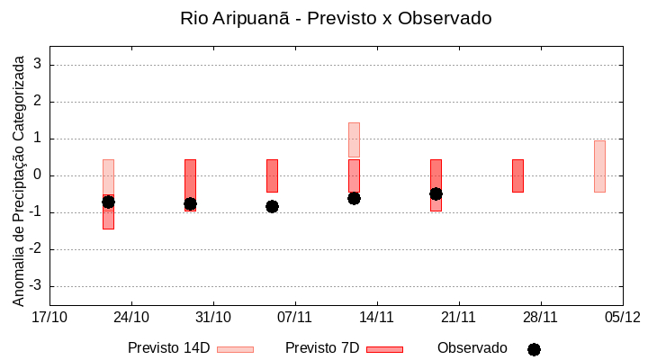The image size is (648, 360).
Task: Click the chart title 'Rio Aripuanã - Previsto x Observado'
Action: (x=336, y=18)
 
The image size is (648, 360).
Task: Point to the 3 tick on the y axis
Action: (x=39, y=65)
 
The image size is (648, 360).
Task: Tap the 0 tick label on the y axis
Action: (x=39, y=175)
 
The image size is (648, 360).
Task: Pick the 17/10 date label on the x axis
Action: (x=49, y=317)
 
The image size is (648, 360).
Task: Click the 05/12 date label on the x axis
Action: (x=622, y=317)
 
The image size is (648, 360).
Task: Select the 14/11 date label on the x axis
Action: (x=376, y=317)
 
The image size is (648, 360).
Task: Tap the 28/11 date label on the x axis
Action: (x=540, y=317)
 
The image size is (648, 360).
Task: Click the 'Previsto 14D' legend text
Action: (x=168, y=348)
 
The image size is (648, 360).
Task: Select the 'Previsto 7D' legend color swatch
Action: (x=384, y=349)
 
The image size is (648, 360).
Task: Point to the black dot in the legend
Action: (x=534, y=349)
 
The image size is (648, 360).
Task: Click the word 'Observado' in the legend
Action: (x=472, y=348)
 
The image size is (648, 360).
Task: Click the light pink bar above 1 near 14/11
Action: (x=354, y=139)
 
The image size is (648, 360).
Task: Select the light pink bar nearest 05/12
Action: (x=599, y=166)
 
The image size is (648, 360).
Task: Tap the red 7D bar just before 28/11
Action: (x=517, y=175)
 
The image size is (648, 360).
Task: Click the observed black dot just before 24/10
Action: (x=108, y=202)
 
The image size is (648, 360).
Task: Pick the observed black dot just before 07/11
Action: (x=272, y=206)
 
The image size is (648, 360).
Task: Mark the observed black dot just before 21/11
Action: (x=436, y=193)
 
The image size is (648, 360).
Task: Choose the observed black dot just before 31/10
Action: (x=190, y=204)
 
